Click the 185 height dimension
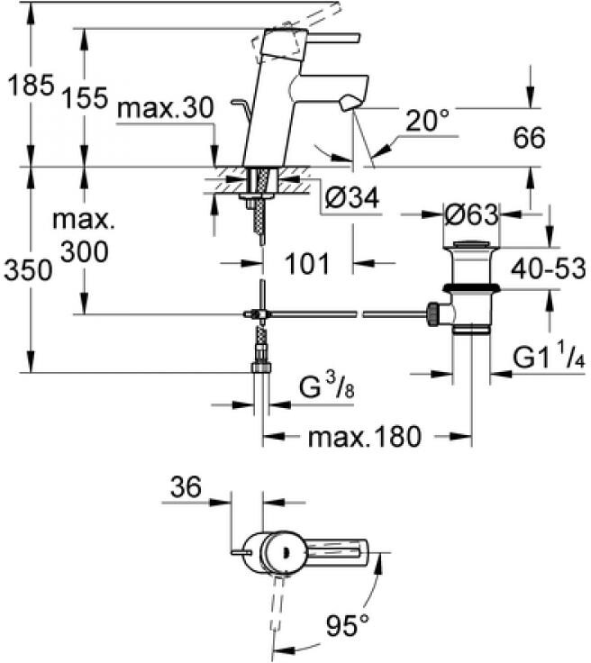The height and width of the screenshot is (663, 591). (32, 85)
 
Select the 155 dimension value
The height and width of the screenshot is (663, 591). (85, 98)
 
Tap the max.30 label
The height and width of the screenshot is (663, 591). (165, 108)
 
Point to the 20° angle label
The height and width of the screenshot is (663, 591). (427, 121)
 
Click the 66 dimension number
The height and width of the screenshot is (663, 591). (529, 138)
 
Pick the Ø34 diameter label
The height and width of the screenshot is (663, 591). (352, 197)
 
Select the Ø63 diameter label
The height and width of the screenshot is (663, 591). (471, 214)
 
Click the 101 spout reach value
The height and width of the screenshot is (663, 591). (307, 264)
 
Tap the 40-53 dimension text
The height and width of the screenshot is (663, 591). (549, 268)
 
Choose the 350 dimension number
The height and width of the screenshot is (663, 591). (28, 269)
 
